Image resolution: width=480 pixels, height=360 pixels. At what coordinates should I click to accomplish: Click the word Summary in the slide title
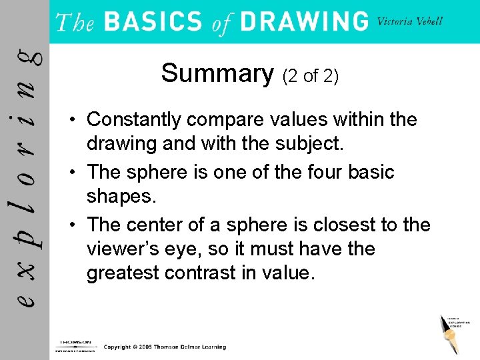(217, 73)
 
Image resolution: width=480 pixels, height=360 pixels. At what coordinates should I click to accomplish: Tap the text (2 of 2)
(311, 76)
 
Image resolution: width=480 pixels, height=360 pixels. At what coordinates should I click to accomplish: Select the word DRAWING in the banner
(303, 21)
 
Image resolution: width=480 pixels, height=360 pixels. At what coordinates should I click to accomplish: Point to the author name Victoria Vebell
(409, 21)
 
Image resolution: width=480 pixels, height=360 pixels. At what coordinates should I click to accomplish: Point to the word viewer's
(123, 249)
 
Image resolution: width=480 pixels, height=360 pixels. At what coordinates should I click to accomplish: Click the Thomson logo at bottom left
(74, 345)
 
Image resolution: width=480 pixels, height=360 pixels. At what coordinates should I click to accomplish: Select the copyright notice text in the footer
(165, 347)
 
